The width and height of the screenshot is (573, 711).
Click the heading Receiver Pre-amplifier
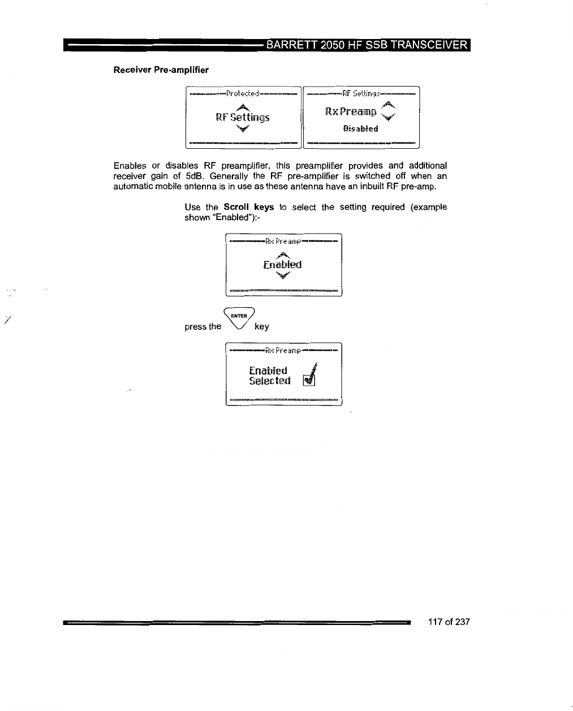[161, 70]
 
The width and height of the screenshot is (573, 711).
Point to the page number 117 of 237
[449, 622]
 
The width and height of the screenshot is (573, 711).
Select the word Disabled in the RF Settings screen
[360, 128]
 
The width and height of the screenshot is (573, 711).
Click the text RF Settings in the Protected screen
[243, 118]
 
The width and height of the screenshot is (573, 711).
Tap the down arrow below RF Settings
[242, 128]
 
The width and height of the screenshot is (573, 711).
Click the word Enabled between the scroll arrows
[282, 265]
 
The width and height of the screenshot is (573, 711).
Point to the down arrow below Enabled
[282, 276]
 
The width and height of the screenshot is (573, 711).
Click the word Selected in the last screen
[270, 381]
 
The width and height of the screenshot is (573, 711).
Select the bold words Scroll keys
[248, 207]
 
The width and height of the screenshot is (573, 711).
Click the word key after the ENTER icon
[262, 326]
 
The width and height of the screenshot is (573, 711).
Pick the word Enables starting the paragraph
[130, 166]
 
